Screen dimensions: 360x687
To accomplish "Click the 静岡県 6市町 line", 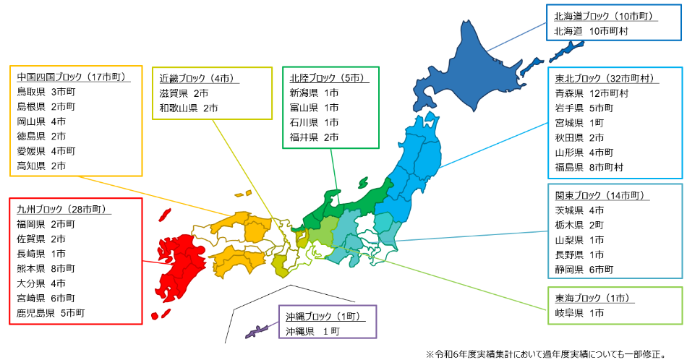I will point(584,269).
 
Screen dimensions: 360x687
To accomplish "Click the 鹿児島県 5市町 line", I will point(51,313).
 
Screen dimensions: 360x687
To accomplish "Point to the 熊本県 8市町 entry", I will point(48,268).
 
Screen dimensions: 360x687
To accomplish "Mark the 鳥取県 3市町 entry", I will point(48,93).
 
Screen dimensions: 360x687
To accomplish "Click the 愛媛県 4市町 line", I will point(48,151).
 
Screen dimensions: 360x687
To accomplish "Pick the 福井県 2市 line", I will point(314,137).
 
